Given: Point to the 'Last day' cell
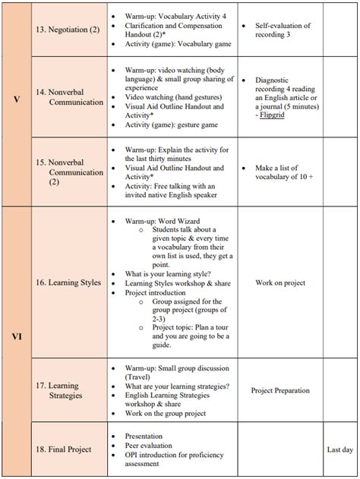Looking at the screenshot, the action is click(339, 449).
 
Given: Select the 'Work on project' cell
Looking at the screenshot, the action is click(280, 282).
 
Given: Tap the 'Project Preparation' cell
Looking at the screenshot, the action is click(280, 390).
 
